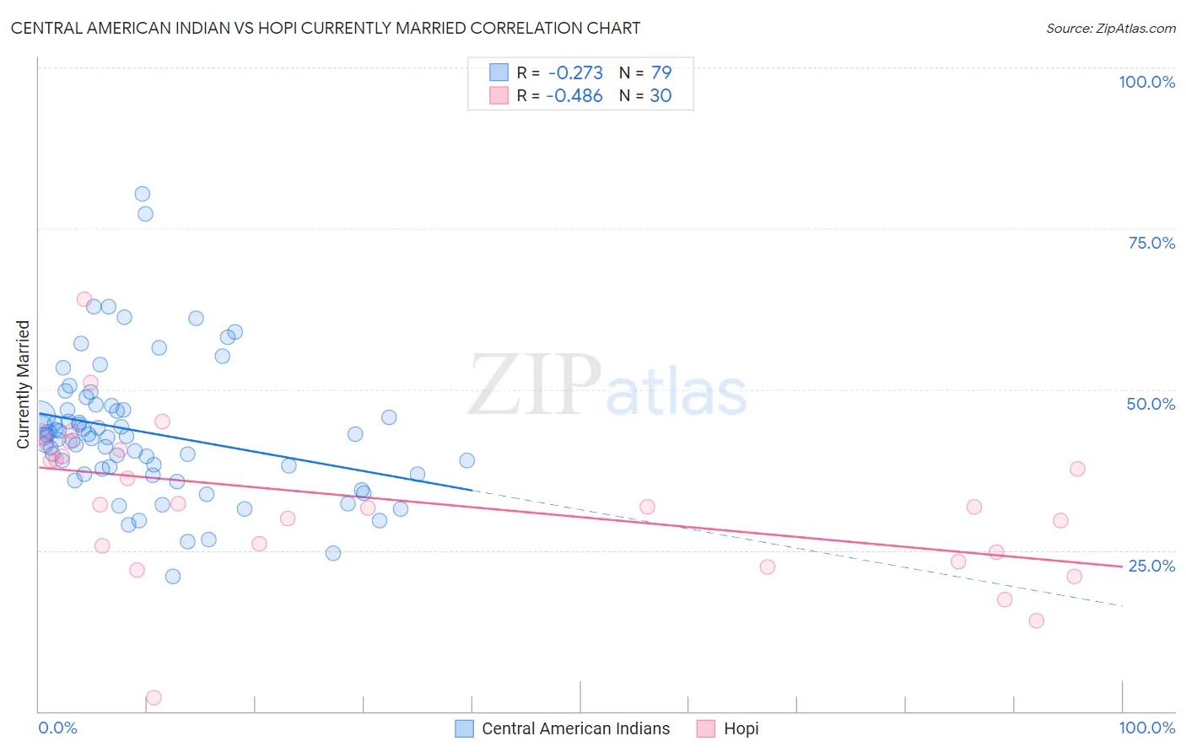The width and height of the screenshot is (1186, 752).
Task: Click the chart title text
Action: click(x=326, y=28)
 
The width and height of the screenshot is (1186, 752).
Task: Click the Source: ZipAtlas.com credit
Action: click(x=1110, y=28)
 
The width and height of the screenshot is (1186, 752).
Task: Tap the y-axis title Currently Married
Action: click(x=23, y=384)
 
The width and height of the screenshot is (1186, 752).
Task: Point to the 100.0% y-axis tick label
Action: click(x=1146, y=82)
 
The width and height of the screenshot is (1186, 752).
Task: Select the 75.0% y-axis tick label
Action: click(x=1151, y=243)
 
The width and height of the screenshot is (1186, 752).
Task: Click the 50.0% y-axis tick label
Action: click(x=1151, y=404)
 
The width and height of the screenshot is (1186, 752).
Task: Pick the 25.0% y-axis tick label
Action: click(x=1151, y=565)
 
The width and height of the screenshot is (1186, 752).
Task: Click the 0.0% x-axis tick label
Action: click(x=58, y=728)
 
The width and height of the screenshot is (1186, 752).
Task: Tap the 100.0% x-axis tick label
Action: click(x=1146, y=728)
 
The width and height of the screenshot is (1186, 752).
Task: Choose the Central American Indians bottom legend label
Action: click(x=575, y=728)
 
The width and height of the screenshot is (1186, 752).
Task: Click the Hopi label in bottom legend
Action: click(x=741, y=728)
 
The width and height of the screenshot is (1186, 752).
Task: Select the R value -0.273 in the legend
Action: click(x=574, y=73)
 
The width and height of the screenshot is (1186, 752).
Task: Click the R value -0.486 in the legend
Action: click(x=574, y=95)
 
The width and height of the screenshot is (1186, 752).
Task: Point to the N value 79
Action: click(x=660, y=73)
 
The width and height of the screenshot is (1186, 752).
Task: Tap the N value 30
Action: click(x=660, y=95)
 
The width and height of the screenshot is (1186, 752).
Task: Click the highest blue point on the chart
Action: click(x=142, y=194)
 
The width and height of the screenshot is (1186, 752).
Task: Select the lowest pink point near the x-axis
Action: click(x=154, y=697)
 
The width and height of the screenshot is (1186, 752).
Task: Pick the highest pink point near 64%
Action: click(x=84, y=299)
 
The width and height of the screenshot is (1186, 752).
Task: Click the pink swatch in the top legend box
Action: click(x=499, y=95)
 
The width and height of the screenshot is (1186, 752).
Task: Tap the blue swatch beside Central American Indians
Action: click(x=464, y=728)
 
